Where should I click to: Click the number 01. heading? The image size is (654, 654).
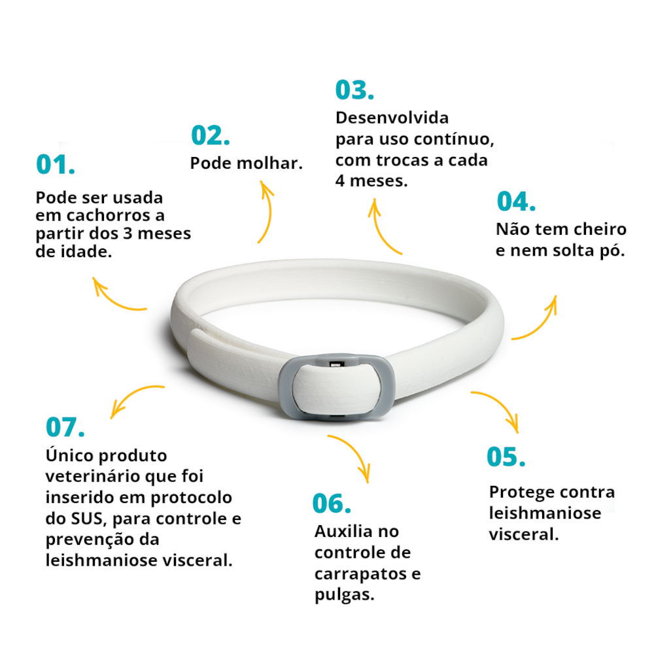(56, 164)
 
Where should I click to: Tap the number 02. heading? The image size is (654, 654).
(210, 135)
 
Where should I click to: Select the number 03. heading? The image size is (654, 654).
(354, 90)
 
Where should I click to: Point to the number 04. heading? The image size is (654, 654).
(516, 201)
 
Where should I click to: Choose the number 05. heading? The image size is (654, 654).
(506, 456)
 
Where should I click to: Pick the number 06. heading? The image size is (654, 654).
(332, 504)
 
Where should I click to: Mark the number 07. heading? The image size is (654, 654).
(65, 427)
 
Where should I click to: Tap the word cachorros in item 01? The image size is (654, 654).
(109, 216)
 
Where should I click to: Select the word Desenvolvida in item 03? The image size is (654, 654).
(392, 118)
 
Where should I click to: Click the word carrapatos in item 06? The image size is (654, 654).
(361, 574)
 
